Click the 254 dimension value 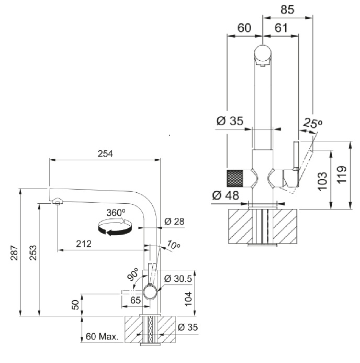(x=105, y=153)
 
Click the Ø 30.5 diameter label (x=178, y=278)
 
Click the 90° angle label (x=132, y=274)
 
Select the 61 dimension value (x=281, y=28)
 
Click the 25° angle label (x=312, y=124)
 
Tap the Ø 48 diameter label (x=226, y=196)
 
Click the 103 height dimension (x=322, y=180)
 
